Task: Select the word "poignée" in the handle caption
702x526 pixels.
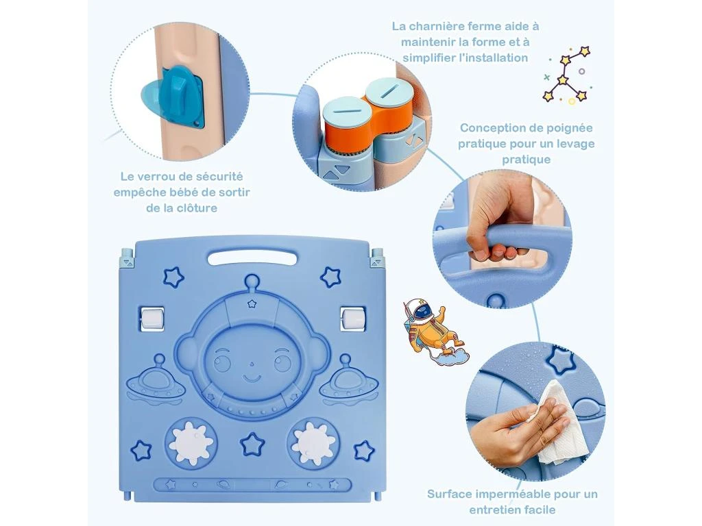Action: [x=571, y=128]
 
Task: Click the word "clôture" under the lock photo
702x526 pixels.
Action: [x=196, y=208]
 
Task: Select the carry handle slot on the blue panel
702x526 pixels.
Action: [x=252, y=258]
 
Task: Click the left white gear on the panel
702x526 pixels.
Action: [x=192, y=442]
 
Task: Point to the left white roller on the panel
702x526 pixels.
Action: [x=152, y=319]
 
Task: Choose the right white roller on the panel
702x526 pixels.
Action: [x=353, y=319]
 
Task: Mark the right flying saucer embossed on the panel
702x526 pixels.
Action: [x=348, y=379]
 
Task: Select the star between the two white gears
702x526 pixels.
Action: [x=252, y=444]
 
